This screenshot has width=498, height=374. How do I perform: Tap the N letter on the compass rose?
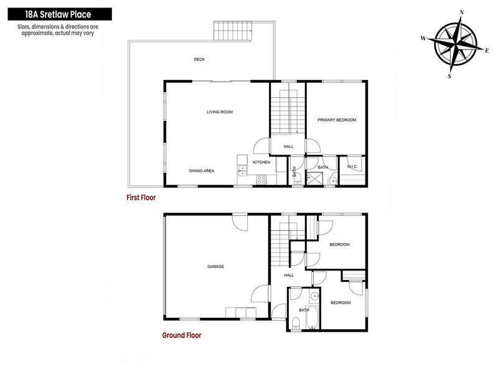coord(461,12)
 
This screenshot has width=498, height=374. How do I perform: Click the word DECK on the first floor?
coord(199,59)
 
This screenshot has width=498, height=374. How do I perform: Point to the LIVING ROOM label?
coord(219,112)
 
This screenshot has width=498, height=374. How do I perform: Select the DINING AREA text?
coord(202,170)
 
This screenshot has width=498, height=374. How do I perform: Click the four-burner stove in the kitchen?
coord(262,179)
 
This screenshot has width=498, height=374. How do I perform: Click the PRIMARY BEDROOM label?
coord(337,120)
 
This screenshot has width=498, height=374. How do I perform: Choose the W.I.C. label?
coord(350,167)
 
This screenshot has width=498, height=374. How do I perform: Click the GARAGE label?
coord(215,266)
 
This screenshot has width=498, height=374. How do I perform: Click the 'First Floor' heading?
coord(140,197)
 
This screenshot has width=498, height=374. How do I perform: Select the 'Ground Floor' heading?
coord(181,335)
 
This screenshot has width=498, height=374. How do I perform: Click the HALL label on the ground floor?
coord(289,275)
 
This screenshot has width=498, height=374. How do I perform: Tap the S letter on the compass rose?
coord(449,76)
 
